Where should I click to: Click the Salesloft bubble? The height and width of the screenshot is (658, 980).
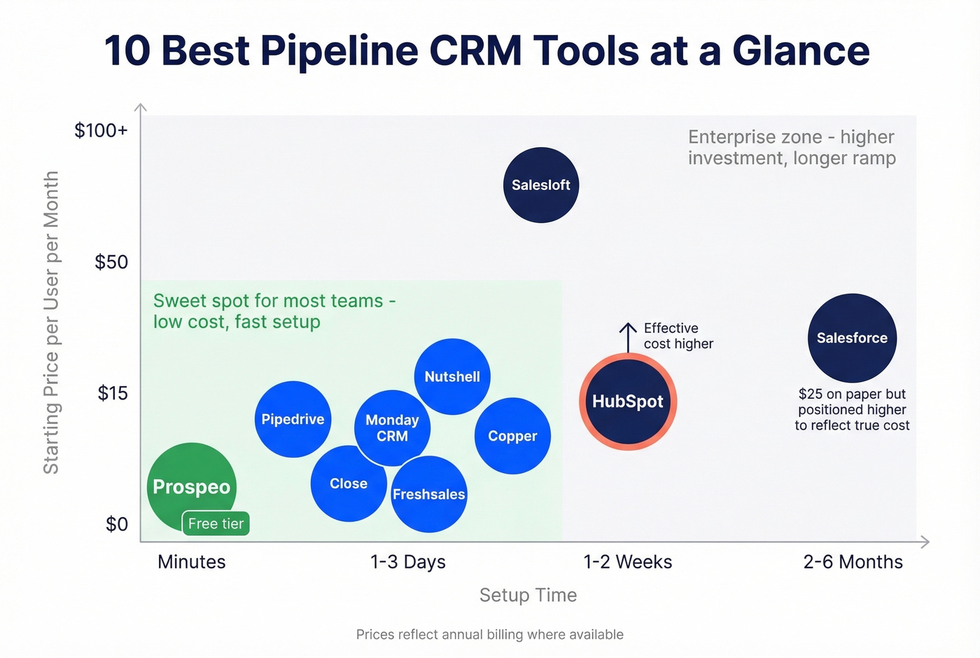pos(541,185)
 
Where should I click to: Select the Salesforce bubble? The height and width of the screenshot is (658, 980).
pos(852,338)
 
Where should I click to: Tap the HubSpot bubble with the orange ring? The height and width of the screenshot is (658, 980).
pos(628,402)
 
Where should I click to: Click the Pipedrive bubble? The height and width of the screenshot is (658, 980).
pos(293,419)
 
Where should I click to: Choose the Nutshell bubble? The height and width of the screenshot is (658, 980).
pos(452,376)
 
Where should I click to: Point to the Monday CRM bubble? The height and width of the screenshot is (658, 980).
pos(392,427)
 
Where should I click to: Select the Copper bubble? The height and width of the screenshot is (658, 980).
pos(512,436)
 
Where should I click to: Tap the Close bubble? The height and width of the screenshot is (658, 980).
pos(348,484)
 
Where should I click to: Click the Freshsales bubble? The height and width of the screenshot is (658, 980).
pos(428,494)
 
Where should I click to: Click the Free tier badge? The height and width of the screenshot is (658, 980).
pos(216,523)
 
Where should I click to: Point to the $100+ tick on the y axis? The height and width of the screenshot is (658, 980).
pos(101,130)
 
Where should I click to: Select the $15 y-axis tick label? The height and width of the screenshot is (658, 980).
pos(112,393)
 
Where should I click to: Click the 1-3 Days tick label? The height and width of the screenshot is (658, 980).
pos(407,562)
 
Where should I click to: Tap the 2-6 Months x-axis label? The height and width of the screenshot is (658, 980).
pos(853,562)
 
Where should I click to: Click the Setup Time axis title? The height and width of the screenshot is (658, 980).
pos(528,595)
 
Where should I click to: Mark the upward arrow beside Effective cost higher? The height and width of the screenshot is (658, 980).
pos(628,337)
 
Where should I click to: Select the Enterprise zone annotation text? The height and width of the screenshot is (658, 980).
pos(791,147)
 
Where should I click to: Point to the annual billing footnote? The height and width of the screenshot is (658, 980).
pos(489,634)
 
